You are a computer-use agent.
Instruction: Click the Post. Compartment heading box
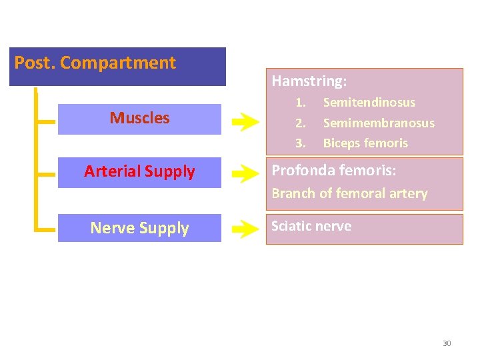click(x=117, y=66)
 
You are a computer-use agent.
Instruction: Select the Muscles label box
click(x=139, y=119)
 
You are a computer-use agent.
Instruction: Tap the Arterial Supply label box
click(x=139, y=172)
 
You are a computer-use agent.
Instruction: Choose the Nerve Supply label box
click(x=139, y=228)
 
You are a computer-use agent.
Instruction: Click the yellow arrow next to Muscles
click(x=245, y=121)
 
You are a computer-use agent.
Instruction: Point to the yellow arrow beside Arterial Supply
click(x=245, y=175)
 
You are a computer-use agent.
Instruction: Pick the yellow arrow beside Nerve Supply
click(x=245, y=231)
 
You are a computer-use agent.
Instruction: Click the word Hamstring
click(x=308, y=82)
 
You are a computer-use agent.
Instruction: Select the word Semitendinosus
click(x=369, y=103)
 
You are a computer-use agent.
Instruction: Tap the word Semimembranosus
click(x=379, y=123)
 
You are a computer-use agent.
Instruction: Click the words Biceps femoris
click(x=365, y=143)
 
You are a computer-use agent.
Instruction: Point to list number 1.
click(x=301, y=103)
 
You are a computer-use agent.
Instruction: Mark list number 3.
click(x=301, y=143)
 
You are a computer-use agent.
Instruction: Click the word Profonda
click(x=301, y=171)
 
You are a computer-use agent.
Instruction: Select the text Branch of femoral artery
click(x=349, y=193)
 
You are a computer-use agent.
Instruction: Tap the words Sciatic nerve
click(x=311, y=226)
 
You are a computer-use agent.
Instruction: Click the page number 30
click(x=447, y=343)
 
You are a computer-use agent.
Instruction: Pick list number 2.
click(x=301, y=123)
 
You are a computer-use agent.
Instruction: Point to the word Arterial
click(x=111, y=172)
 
